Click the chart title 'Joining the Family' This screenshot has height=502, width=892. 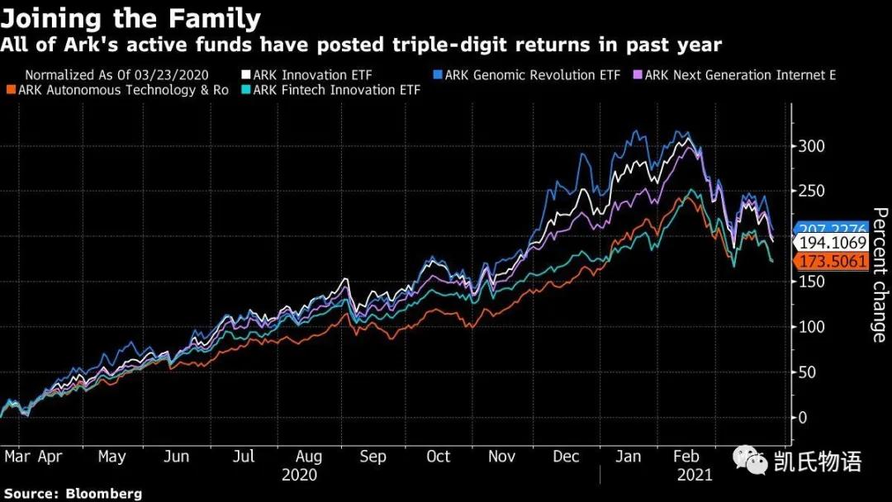[131, 18]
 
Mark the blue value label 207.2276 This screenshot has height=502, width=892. [830, 229]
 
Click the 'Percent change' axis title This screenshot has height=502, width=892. [880, 275]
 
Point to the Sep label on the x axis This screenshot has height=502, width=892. [372, 457]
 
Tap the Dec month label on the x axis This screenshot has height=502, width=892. [567, 457]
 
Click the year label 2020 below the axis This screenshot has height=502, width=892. [299, 476]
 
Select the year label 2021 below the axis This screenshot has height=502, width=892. [694, 476]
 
